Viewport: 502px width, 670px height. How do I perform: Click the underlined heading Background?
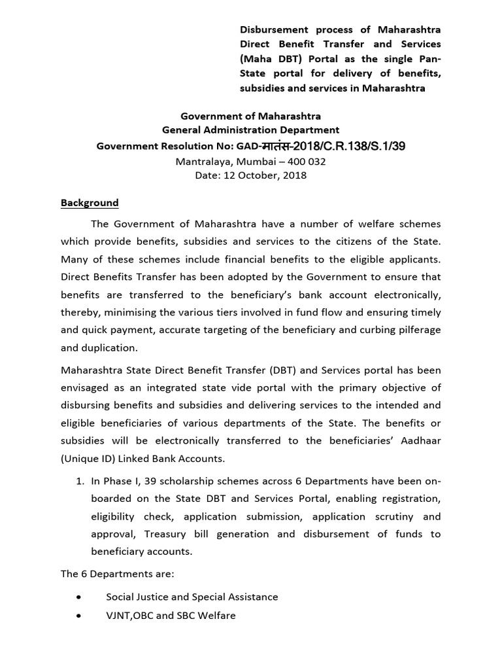(x=90, y=203)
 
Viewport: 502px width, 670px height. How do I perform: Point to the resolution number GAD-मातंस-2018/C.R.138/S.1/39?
(x=333, y=146)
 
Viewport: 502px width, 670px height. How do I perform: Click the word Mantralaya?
(x=203, y=161)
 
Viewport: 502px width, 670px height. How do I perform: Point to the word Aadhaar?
(x=417, y=440)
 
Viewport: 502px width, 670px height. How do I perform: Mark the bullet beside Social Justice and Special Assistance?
(x=79, y=597)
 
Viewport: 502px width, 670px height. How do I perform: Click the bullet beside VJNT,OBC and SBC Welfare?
(x=79, y=616)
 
